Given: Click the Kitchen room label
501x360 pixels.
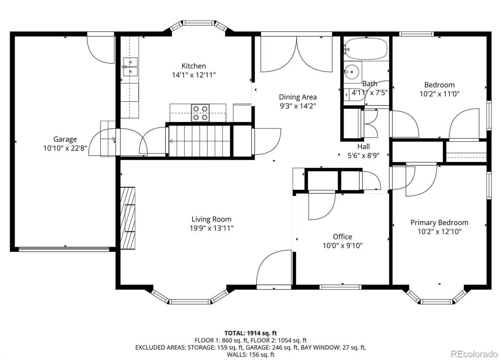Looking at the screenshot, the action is click(194, 66).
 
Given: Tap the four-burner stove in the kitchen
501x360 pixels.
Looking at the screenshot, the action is click(200, 113).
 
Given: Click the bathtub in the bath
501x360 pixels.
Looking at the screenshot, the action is click(366, 49).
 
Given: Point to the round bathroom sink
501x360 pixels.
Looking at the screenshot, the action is click(352, 72).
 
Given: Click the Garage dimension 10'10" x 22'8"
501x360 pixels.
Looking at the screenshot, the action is click(65, 148).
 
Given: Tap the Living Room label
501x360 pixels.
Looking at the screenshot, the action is click(211, 219).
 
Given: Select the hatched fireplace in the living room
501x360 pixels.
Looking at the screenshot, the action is click(128, 218).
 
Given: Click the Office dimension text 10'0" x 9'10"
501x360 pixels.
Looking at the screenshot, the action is click(343, 245).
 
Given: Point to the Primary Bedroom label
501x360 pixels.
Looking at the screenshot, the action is click(439, 223).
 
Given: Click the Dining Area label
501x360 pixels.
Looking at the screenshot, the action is click(298, 97).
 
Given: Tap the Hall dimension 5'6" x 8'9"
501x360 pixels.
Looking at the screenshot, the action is click(364, 155).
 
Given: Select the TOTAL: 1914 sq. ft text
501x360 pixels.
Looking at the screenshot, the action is click(250, 333).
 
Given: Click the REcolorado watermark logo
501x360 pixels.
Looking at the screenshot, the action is click(474, 354).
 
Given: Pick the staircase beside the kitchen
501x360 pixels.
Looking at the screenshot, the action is click(199, 141).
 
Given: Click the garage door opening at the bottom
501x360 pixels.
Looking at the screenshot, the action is click(64, 249).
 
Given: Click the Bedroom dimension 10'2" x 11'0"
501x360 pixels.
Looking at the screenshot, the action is click(439, 94).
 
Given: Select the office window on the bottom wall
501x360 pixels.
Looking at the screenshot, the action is click(340, 287).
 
